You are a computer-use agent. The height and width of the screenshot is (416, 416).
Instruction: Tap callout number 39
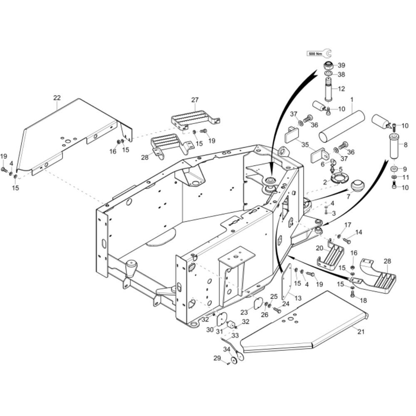click(342, 65)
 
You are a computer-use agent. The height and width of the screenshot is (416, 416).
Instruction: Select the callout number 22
click(57, 98)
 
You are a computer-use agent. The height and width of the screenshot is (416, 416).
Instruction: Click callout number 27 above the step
click(195, 100)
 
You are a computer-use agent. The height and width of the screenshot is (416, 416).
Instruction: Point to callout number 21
click(361, 332)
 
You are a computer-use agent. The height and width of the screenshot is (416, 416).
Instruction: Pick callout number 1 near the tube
click(352, 100)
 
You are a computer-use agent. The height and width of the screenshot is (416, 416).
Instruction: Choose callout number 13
click(298, 298)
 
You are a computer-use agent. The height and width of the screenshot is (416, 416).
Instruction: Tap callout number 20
click(319, 248)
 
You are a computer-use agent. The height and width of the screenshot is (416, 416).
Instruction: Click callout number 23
click(244, 312)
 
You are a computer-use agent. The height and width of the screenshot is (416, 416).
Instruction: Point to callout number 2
click(325, 182)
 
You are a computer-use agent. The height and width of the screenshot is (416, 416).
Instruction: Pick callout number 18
click(364, 300)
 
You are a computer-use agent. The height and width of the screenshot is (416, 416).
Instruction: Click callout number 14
click(359, 232)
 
